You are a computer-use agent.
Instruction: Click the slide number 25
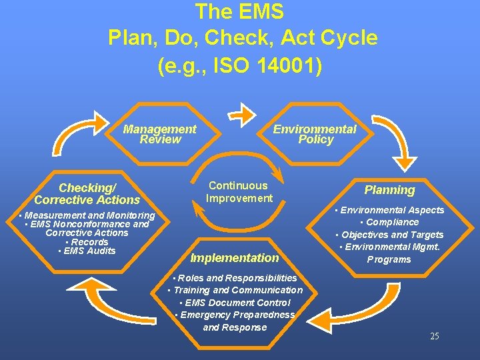click(434, 336)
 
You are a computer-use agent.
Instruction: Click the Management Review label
click(160, 134)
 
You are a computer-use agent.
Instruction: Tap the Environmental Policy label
click(315, 134)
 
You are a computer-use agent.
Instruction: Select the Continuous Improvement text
click(239, 192)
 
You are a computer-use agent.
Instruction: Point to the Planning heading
click(389, 190)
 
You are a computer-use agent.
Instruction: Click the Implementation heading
click(235, 258)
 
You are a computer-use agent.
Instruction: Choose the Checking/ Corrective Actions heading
click(87, 194)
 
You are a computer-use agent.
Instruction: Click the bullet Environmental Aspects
click(389, 210)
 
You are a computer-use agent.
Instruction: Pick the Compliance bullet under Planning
click(389, 222)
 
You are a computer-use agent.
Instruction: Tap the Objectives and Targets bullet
click(389, 235)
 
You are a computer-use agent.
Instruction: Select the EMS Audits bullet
click(87, 251)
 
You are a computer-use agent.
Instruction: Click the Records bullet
click(87, 242)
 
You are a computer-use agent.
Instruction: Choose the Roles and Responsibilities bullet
click(235, 277)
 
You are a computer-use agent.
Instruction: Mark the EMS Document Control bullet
click(235, 303)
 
